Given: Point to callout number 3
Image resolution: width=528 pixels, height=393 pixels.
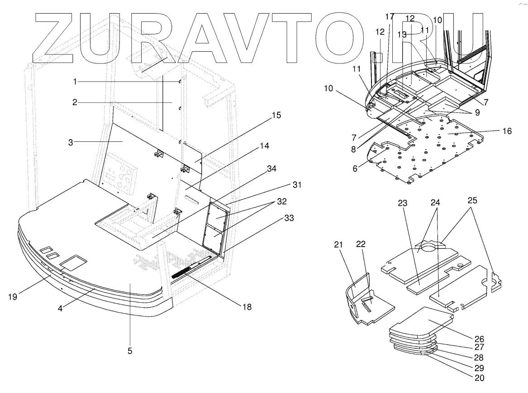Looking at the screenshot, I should [x=71, y=142].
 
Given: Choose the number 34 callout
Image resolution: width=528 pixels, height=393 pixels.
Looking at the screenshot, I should [x=271, y=169].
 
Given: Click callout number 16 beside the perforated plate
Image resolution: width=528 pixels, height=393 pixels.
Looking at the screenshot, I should [x=507, y=131].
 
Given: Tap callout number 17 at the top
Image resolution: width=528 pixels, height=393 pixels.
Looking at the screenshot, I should [x=390, y=17].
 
